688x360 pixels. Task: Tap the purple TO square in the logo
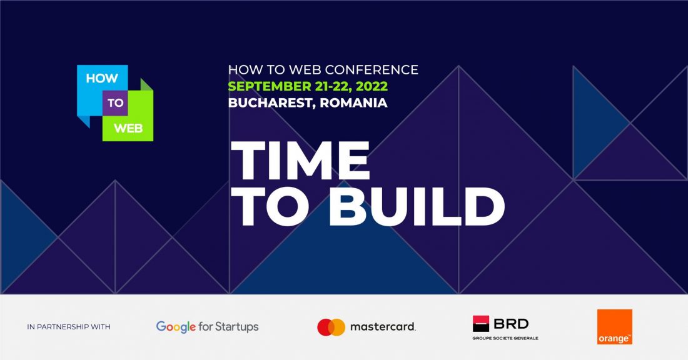pyautogui.click(x=115, y=103)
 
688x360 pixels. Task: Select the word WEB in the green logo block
pyautogui.click(x=128, y=128)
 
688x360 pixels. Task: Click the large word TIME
pyautogui.click(x=301, y=161)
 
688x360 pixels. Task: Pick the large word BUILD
pyautogui.click(x=417, y=207)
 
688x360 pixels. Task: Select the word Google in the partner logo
pyautogui.click(x=176, y=327)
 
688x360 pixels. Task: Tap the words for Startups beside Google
pyautogui.click(x=228, y=327)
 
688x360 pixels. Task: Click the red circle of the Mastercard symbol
pyautogui.click(x=326, y=327)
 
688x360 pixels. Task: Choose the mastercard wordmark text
pyautogui.click(x=382, y=327)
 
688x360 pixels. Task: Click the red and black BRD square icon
pyautogui.click(x=481, y=323)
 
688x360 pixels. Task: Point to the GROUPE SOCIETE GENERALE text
pyautogui.click(x=505, y=338)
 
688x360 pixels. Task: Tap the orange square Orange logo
pyautogui.click(x=614, y=326)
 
